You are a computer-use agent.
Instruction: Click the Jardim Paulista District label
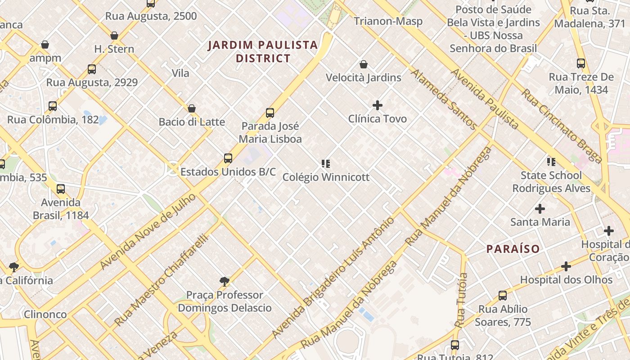(263, 51)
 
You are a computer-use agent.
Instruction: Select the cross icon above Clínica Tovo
(378, 105)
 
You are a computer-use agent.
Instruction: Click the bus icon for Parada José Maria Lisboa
(270, 113)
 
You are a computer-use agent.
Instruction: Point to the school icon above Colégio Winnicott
(326, 163)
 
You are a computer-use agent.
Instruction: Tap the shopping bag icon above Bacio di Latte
(192, 108)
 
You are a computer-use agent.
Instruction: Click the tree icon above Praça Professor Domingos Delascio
(225, 282)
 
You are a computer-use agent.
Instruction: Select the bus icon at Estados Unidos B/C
(228, 158)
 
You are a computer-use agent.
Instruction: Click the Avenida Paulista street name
(485, 99)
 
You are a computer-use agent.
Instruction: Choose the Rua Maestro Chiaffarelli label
(162, 279)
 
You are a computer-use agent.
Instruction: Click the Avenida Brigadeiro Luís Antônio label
(333, 277)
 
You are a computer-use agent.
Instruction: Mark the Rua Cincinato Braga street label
(562, 126)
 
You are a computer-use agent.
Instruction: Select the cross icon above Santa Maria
(540, 209)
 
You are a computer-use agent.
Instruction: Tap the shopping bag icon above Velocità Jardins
(364, 64)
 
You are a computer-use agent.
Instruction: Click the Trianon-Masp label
(388, 21)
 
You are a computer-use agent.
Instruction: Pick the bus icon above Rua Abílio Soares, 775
(503, 296)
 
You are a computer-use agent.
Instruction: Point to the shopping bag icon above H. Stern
(114, 36)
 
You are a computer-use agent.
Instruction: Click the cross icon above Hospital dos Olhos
(566, 266)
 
